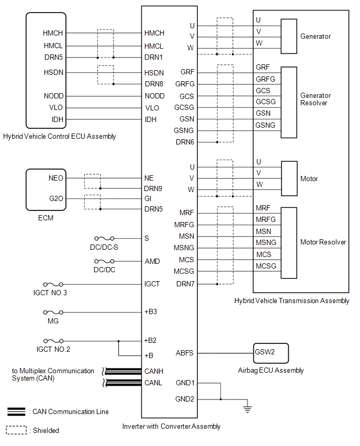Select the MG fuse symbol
pos(53,313)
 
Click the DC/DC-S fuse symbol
pos(104,238)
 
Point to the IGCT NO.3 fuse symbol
pos(53,284)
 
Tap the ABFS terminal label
pos(185,353)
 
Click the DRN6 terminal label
pos(185,142)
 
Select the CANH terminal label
pos(154,371)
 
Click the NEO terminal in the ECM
pos(56,178)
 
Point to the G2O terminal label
pos(56,198)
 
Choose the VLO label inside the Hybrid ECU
pos(56,107)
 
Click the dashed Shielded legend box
pos(16,430)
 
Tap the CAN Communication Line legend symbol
pos(16,411)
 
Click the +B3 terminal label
pos(151,312)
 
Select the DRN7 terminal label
pos(185,284)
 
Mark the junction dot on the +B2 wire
pos(119,341)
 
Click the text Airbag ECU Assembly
pos(271,370)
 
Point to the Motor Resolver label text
pos(323,242)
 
